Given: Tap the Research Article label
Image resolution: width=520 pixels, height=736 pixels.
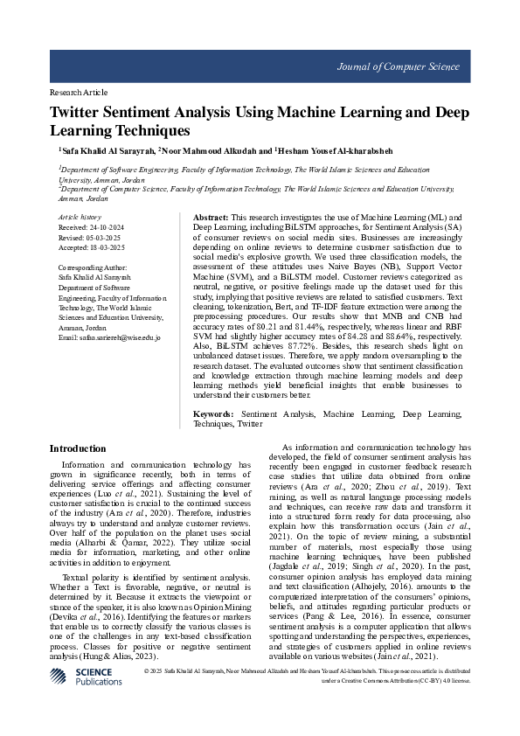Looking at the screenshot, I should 79,92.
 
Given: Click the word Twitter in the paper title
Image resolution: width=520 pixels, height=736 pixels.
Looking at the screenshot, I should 80,113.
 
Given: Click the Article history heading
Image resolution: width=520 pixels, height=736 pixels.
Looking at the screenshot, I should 80,216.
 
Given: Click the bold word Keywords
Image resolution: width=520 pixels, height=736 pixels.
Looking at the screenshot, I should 212,413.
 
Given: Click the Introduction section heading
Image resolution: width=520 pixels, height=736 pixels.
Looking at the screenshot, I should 79,448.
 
